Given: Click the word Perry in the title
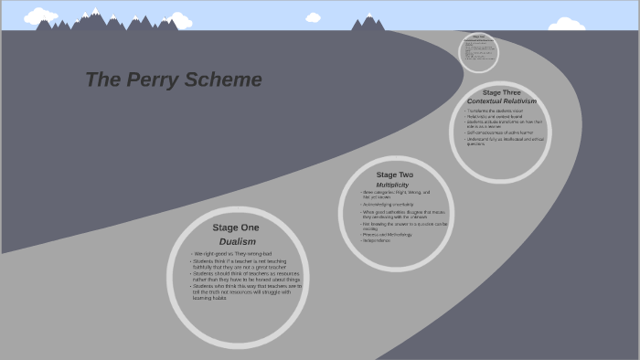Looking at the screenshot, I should click(151, 79).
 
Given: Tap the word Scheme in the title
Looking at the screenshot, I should click(223, 79).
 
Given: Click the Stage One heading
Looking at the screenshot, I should click(236, 228).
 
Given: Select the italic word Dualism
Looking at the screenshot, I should click(237, 241).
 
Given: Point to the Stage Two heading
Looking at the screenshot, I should click(394, 175).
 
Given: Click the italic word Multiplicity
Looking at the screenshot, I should click(392, 185).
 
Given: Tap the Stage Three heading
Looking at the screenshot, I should click(501, 92).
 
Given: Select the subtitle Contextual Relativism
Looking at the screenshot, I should click(501, 101).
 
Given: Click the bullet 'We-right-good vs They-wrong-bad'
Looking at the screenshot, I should click(232, 253).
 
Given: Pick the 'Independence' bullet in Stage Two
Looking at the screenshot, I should click(376, 240).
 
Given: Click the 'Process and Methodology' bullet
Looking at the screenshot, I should click(387, 234).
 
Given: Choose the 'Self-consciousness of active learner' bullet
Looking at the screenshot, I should click(499, 132).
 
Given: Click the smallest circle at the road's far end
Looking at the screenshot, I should click(478, 52).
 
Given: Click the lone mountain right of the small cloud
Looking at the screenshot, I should click(368, 23).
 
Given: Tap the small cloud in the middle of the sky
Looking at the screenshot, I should click(313, 17).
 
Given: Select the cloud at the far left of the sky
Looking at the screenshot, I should click(40, 16).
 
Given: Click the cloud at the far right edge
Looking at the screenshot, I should click(566, 24).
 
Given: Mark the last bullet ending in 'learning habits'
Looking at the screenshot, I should click(209, 298).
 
